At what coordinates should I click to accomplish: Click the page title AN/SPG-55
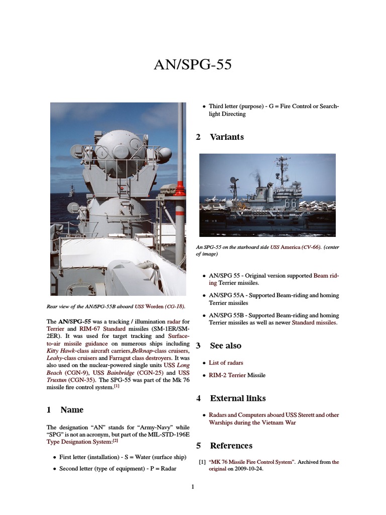click(x=193, y=65)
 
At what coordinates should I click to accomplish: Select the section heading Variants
click(x=226, y=137)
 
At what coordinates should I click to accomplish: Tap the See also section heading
click(x=225, y=346)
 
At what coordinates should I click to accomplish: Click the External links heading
click(x=237, y=398)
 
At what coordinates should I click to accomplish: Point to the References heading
click(x=231, y=446)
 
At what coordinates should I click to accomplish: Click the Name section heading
click(x=71, y=409)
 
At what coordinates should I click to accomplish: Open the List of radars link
click(x=226, y=363)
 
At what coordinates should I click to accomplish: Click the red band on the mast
click(x=179, y=190)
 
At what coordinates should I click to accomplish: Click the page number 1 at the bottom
click(x=192, y=487)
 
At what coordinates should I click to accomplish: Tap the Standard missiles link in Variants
click(x=314, y=322)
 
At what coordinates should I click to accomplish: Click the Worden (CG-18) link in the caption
click(x=165, y=306)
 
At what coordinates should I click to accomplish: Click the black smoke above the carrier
click(x=257, y=177)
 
